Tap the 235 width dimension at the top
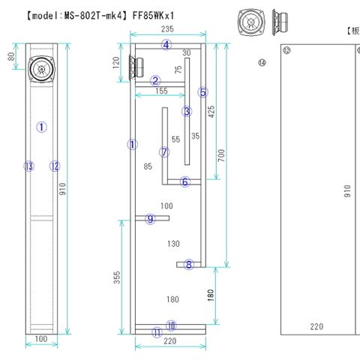tap(167, 28)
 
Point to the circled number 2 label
tap(155, 81)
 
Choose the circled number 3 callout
tap(187, 111)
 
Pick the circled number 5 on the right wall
tap(202, 92)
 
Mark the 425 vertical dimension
tap(212, 111)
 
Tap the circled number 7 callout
tap(164, 152)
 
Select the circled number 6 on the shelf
tap(185, 181)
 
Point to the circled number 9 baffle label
tap(151, 218)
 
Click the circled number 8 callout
tap(189, 264)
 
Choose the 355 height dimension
tap(118, 277)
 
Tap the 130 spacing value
tap(173, 244)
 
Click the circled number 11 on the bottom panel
tap(156, 333)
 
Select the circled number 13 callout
tap(28, 166)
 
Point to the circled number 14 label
tap(262, 64)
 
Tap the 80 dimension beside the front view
tap(11, 56)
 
